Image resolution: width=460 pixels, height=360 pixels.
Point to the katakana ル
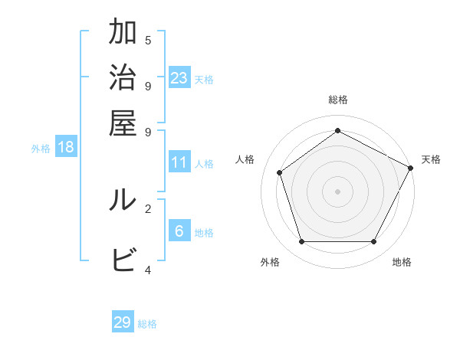point(123,200)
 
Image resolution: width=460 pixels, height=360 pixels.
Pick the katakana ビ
point(123,260)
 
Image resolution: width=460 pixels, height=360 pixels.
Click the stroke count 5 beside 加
point(148,41)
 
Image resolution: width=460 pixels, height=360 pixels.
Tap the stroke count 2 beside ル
point(148,208)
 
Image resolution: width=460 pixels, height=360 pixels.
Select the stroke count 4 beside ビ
point(148,269)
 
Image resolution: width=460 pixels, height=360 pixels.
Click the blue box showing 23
point(179,77)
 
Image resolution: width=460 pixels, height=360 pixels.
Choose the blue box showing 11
point(179,162)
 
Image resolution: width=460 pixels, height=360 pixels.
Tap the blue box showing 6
point(179,231)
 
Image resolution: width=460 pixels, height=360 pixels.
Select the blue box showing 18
point(66,147)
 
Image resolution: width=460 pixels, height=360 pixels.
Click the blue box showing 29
point(123,322)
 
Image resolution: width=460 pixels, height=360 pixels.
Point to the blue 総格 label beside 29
point(147,324)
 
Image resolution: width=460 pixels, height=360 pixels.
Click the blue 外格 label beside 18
point(41,149)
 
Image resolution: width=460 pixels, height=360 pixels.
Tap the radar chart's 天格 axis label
point(431,159)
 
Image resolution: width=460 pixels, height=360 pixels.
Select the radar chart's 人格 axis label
point(245,159)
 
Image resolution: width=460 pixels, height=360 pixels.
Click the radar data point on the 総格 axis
point(337,130)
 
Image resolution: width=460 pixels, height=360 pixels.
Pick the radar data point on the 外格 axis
point(301,241)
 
